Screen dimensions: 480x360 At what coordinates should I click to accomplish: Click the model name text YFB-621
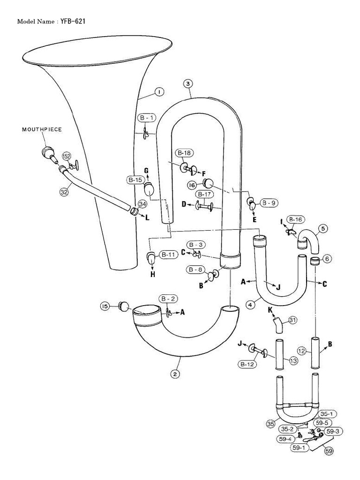pos(73,21)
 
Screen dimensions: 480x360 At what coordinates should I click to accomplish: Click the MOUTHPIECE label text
pos(42,129)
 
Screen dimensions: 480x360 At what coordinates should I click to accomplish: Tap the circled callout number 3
pos(187,83)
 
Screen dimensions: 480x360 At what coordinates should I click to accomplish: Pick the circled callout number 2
pos(174,374)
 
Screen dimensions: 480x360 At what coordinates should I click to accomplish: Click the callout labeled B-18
pos(184,153)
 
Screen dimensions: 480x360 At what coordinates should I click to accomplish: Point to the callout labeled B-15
pos(135,180)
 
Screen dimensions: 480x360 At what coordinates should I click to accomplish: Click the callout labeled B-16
pos(295,219)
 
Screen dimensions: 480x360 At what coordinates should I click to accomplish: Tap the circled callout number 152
pos(67,156)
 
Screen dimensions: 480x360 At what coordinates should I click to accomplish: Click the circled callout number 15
pos(105,306)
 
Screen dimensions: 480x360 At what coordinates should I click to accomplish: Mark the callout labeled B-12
pos(247,363)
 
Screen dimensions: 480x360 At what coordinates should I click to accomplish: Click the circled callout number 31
pos(292,320)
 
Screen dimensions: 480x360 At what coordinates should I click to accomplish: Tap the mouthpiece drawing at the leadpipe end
pos(48,152)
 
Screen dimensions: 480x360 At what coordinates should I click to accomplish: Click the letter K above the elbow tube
pos(270,310)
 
